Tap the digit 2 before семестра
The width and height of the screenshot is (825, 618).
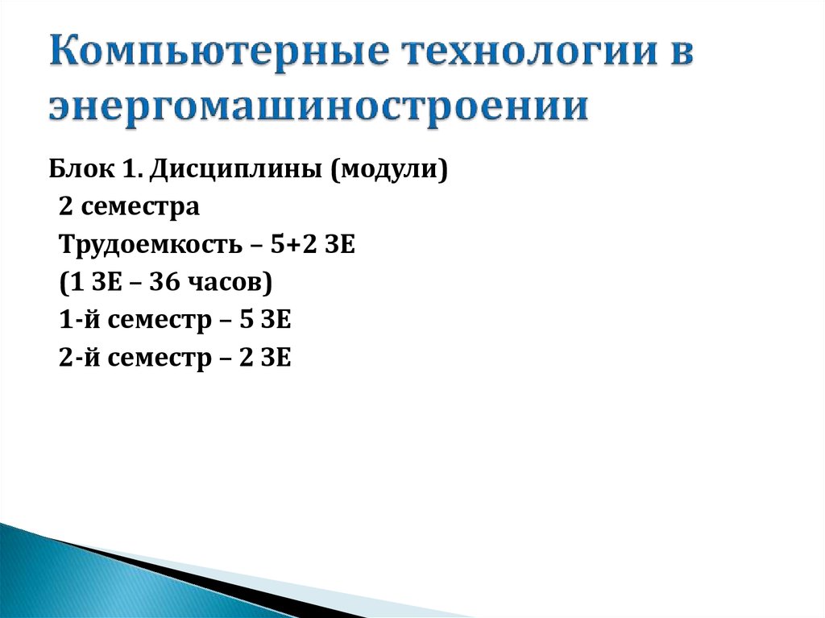[65, 207]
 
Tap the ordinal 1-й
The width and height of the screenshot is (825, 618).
[77, 321]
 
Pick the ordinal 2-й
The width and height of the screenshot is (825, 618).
[77, 358]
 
